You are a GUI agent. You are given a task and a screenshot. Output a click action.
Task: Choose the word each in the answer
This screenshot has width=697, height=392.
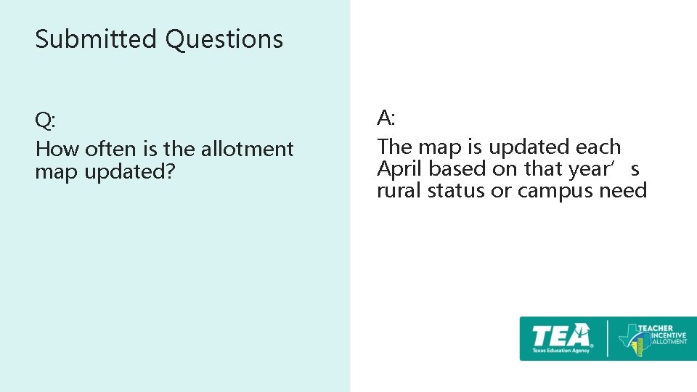click(x=598, y=147)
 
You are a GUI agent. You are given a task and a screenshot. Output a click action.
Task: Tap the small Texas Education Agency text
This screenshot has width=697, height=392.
click(x=561, y=351)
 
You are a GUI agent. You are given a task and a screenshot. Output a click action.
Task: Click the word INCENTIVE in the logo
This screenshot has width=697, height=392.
click(x=662, y=335)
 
